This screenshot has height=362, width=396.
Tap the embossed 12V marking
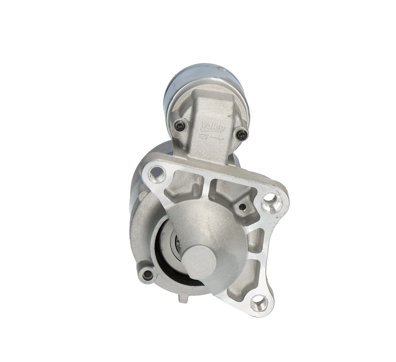(x=204, y=135)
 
